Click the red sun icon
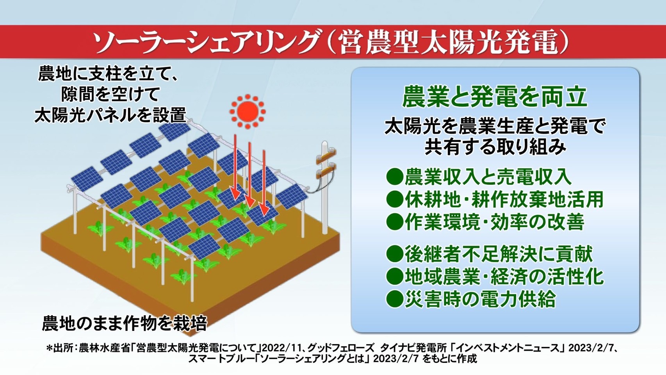[x=248, y=112]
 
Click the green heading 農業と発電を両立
[x=495, y=97]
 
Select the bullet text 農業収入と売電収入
[x=488, y=177]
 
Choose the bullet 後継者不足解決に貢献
[x=499, y=254]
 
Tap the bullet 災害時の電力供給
[x=480, y=299]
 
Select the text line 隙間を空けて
[x=111, y=94]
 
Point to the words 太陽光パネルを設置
[x=110, y=114]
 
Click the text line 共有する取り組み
[x=495, y=147]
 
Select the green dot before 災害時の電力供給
[x=394, y=299]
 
